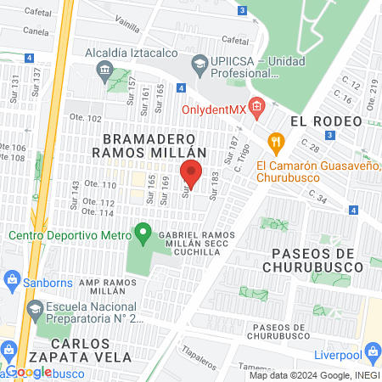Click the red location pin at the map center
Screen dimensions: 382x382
[x=191, y=172]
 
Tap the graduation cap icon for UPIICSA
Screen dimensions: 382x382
[x=199, y=62]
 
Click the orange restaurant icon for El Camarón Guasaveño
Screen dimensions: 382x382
[x=274, y=142]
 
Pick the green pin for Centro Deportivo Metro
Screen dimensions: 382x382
[x=143, y=231]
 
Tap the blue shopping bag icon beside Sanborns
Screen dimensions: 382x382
[x=12, y=279]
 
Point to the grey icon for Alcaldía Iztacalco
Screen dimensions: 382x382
[x=104, y=69]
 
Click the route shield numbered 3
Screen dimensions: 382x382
[x=243, y=11]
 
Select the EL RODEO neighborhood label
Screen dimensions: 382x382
[x=320, y=121]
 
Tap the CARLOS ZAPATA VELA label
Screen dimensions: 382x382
[x=67, y=351]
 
